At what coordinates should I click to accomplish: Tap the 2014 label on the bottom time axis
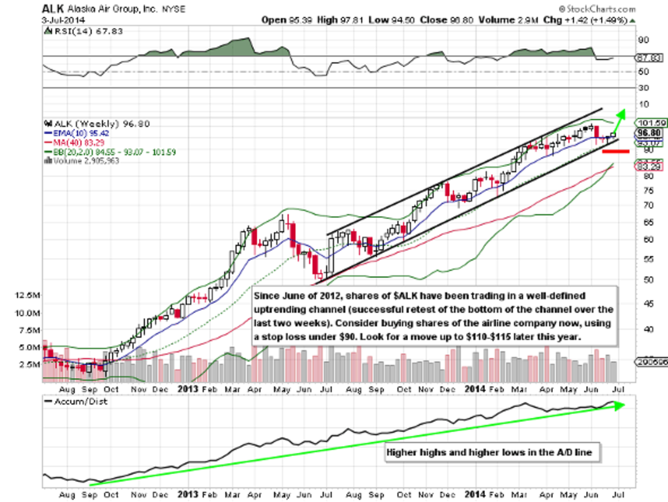474,494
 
